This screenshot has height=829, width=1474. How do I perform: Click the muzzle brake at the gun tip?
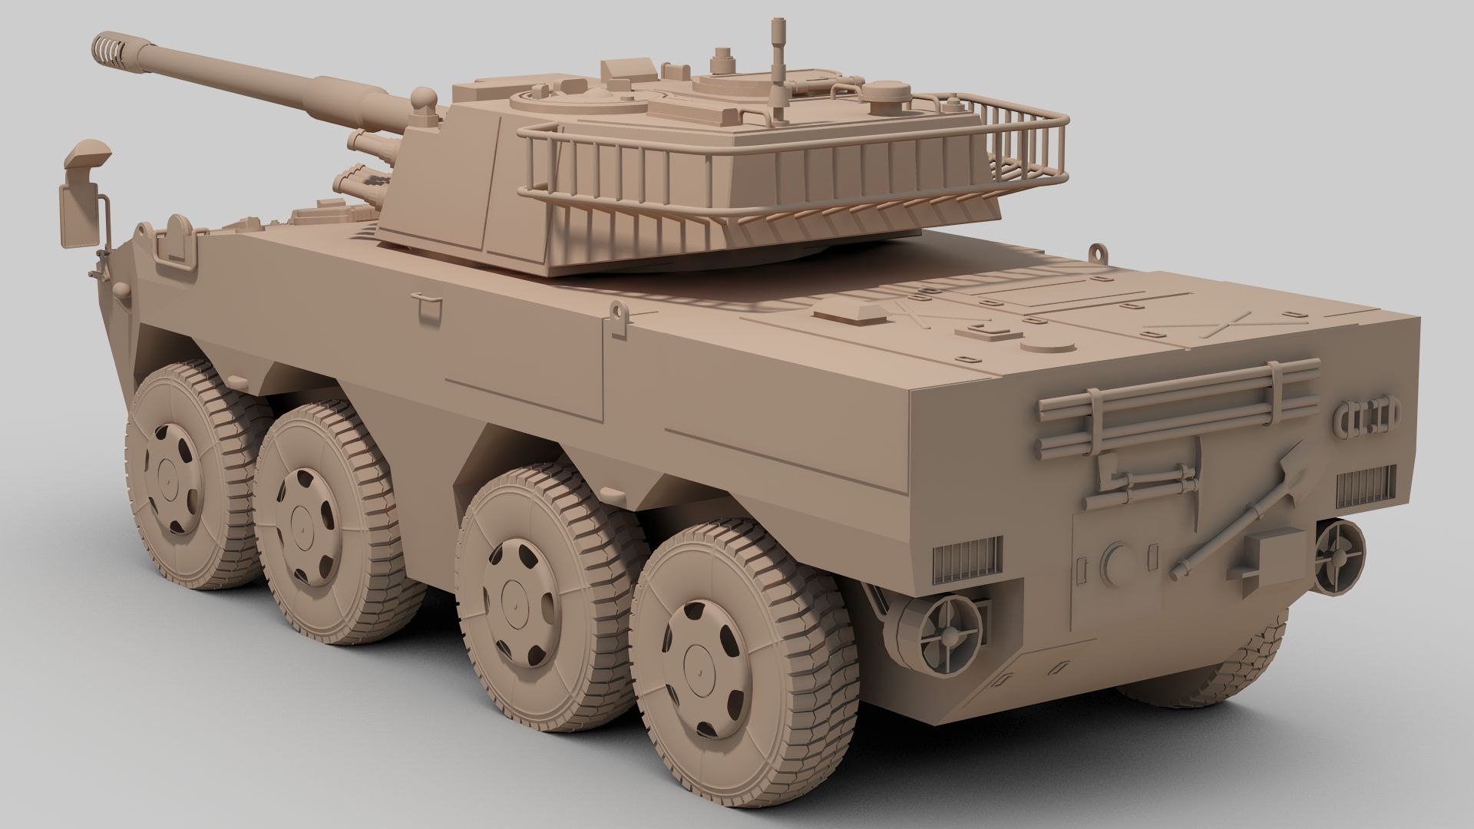pos(109,48)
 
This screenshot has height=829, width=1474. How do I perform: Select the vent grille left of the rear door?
pos(967,559)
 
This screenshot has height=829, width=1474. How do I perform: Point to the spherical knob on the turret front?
pos(423,98)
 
